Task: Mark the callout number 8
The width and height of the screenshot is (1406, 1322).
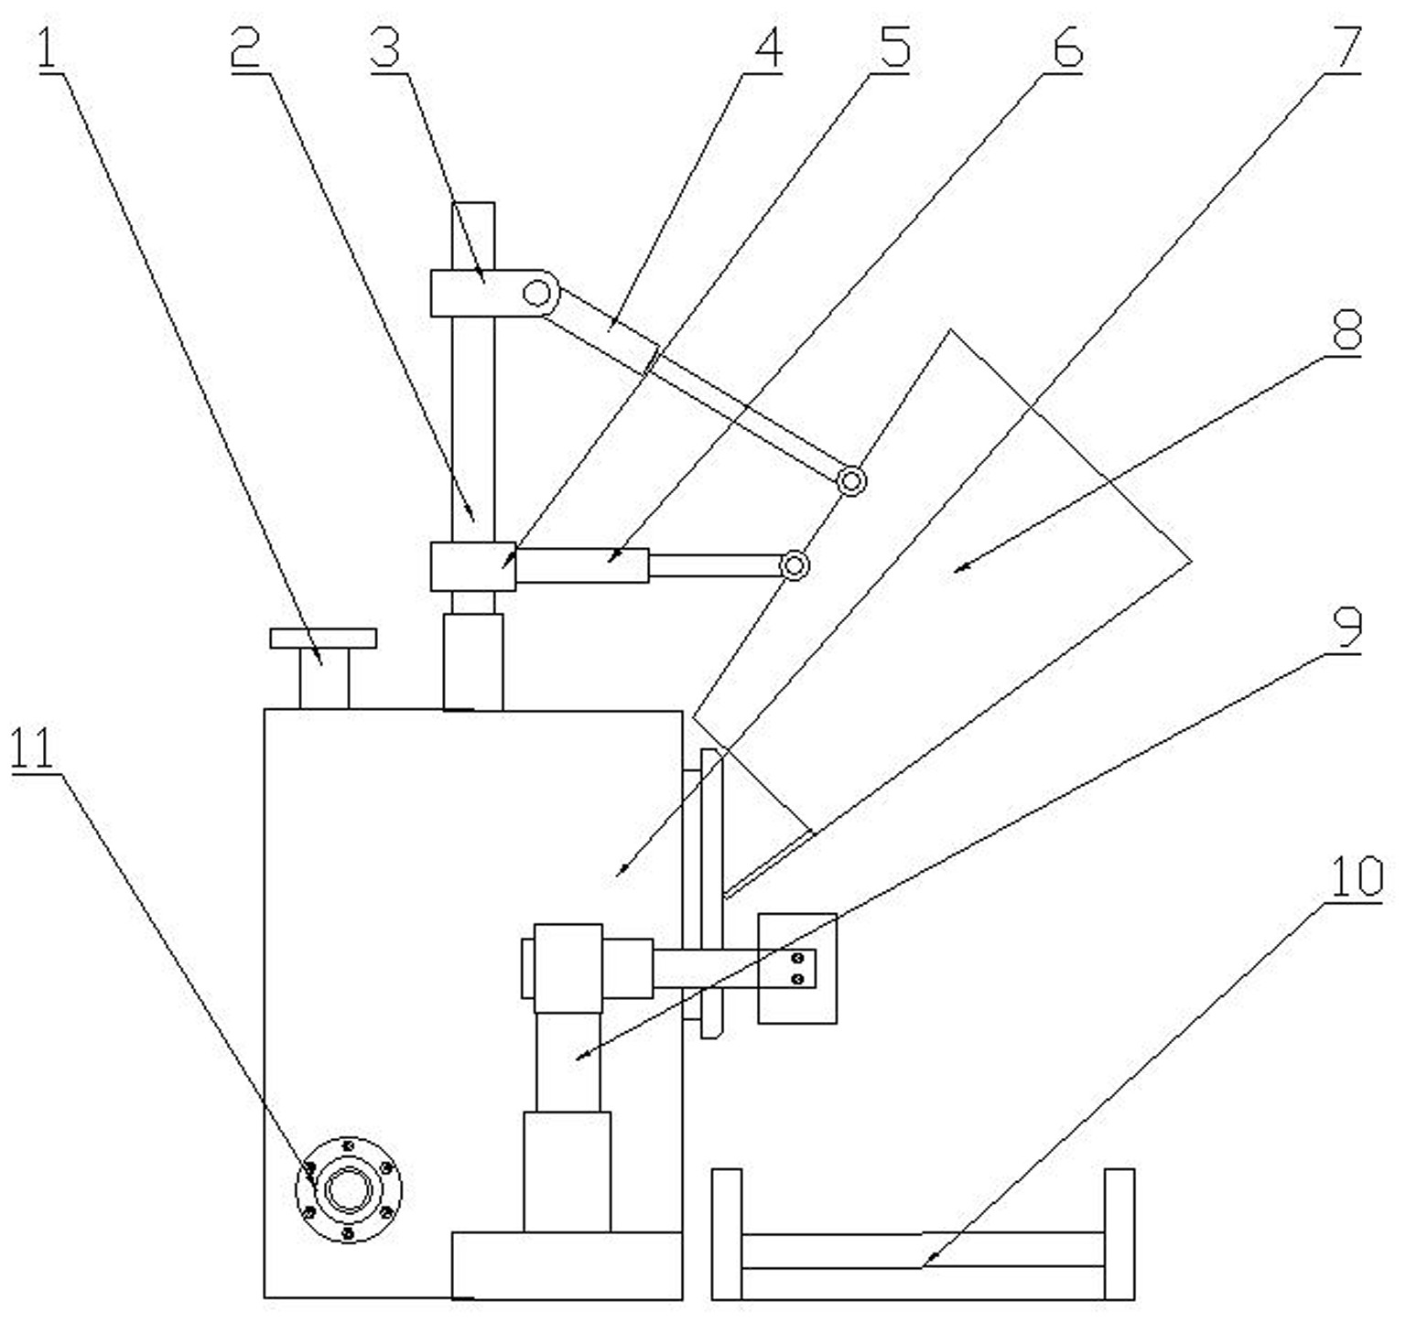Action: [1347, 329]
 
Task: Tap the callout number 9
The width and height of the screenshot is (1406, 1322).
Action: [1347, 627]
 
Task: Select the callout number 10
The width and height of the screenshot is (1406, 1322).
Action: [1356, 876]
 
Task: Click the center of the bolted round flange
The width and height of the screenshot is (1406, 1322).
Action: [348, 1190]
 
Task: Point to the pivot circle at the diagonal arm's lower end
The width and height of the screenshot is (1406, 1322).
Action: [851, 480]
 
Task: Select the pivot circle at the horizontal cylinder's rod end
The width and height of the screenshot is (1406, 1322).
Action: [795, 565]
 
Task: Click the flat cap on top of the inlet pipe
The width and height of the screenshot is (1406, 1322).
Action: [323, 638]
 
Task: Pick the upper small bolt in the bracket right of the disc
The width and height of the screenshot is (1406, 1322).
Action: [797, 958]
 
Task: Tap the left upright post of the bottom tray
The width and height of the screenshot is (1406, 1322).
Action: [727, 1233]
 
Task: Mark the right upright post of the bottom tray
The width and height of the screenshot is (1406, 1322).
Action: [1119, 1233]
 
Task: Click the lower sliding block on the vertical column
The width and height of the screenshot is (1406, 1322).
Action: [472, 566]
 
